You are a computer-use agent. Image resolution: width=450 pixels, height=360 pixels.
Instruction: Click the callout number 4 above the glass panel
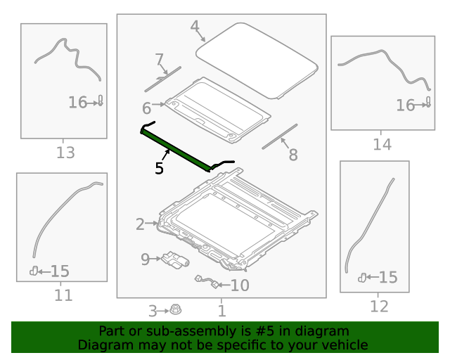click(x=195, y=27)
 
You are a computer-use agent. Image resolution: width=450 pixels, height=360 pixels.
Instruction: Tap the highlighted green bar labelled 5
click(x=176, y=150)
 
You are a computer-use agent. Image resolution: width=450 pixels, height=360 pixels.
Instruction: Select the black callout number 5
click(x=159, y=168)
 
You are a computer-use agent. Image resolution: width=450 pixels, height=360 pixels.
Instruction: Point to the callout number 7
click(x=160, y=60)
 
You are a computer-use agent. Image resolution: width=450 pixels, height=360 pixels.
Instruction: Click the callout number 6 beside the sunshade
click(x=146, y=108)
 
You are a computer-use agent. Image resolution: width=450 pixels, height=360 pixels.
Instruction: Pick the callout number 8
click(x=293, y=155)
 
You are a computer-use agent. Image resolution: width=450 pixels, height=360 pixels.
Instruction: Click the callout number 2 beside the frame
click(x=140, y=224)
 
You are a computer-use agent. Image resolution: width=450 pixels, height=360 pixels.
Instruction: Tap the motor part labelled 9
click(x=175, y=260)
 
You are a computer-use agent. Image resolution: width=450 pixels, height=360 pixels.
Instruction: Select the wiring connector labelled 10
click(x=207, y=282)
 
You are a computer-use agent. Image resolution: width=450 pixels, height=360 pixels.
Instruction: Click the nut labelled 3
click(x=175, y=310)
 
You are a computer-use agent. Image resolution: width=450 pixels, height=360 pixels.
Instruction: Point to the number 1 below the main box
click(x=222, y=311)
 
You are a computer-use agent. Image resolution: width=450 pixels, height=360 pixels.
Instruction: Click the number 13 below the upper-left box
click(x=65, y=153)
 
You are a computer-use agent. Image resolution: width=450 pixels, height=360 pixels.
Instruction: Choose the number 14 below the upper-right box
click(x=382, y=144)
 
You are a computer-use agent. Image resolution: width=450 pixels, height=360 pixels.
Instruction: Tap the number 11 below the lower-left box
click(x=63, y=295)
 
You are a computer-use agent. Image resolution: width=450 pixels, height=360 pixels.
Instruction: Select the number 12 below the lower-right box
click(x=379, y=307)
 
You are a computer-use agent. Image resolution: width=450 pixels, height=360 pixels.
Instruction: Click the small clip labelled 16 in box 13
click(x=101, y=101)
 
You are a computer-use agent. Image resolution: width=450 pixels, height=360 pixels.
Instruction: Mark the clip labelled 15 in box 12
click(x=362, y=278)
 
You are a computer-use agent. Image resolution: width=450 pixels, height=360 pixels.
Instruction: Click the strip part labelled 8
click(x=280, y=136)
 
